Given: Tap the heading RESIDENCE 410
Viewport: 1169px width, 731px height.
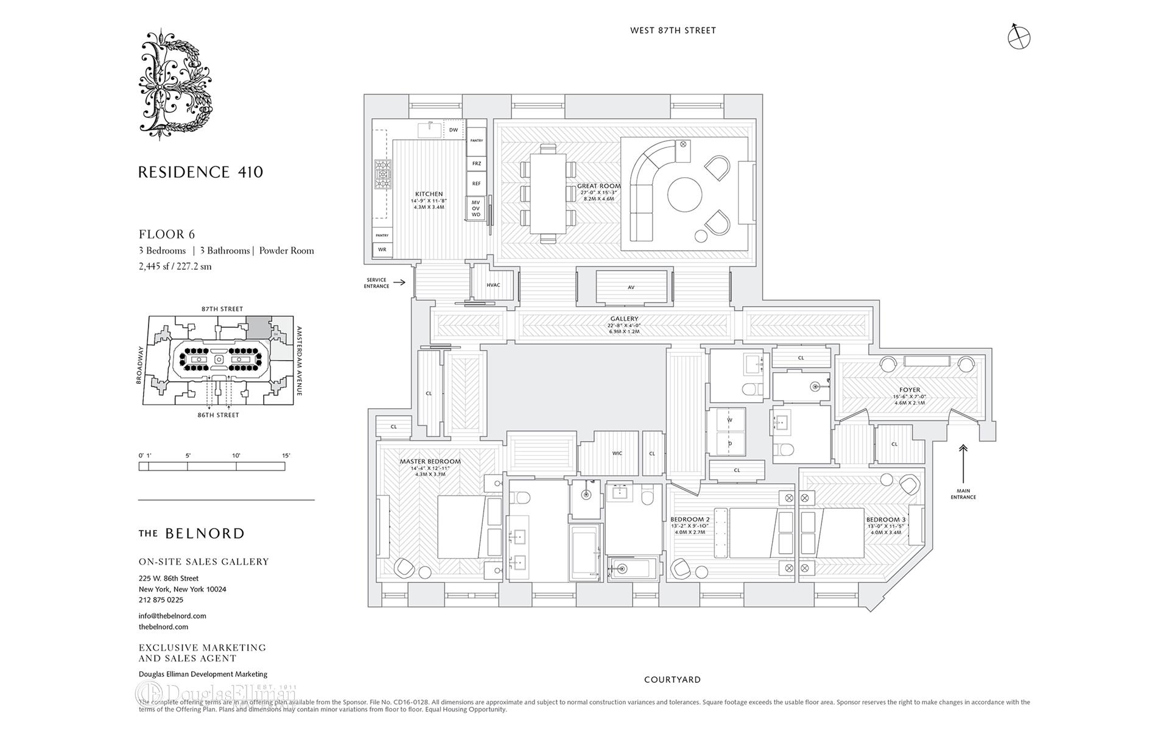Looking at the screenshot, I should tap(200, 172).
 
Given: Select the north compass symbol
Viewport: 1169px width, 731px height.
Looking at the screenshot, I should tap(1019, 37).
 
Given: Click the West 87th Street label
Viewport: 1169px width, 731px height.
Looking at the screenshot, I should tap(673, 30).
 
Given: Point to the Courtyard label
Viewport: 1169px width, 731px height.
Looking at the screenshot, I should tap(672, 679).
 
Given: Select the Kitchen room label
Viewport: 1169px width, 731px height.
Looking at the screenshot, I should tap(429, 194).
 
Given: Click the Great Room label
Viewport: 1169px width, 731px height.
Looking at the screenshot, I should tap(599, 186).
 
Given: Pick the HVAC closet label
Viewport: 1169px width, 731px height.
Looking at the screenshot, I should tap(493, 285).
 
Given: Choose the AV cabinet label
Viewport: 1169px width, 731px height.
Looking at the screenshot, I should tap(631, 288).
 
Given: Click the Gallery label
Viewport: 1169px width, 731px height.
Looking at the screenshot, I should tap(624, 319).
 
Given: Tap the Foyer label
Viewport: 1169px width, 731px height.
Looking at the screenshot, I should tap(910, 390).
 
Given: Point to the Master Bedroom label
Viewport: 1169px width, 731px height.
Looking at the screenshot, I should tap(430, 461).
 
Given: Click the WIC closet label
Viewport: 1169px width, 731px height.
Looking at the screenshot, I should tap(617, 453).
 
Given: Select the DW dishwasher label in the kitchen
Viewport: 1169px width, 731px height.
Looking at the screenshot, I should tap(453, 130).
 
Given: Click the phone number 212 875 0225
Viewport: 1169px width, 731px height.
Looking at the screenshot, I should tap(161, 600).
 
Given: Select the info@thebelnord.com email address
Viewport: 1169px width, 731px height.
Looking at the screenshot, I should tap(172, 616).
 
